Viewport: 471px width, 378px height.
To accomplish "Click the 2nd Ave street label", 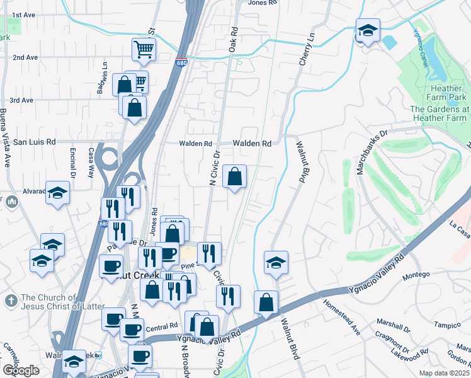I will tap(25, 57).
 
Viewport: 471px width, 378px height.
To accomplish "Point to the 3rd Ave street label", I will tap(21, 100).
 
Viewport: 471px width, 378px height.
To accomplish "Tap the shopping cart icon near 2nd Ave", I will tap(144, 50).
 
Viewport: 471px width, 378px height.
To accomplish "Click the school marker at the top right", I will tap(367, 30).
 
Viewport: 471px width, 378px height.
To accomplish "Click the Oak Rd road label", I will tap(234, 38).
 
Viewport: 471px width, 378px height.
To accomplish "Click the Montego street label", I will tap(416, 275).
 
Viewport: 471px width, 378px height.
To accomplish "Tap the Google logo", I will tap(21, 370).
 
